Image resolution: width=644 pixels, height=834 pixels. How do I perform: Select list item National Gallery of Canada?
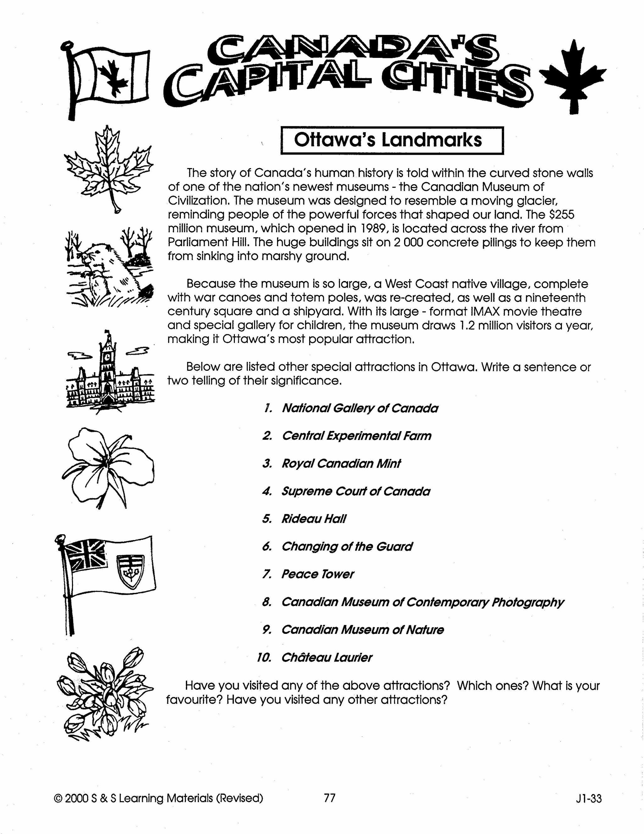(x=360, y=408)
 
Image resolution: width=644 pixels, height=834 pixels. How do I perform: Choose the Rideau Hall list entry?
(x=314, y=519)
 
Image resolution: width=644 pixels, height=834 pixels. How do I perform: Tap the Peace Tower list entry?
(x=317, y=574)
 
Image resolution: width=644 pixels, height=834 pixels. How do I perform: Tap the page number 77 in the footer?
(x=329, y=798)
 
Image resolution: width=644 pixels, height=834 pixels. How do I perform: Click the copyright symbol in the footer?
(x=58, y=798)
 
